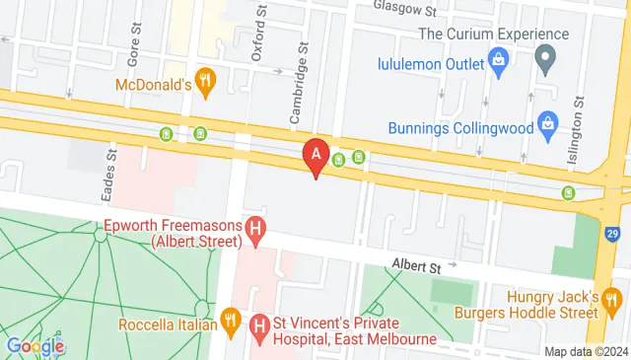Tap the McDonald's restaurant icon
205,83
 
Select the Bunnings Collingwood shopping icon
548,126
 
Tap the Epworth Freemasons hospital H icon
256,231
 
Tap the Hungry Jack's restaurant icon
612,298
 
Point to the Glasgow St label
404,10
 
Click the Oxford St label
259,33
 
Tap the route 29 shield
613,234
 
